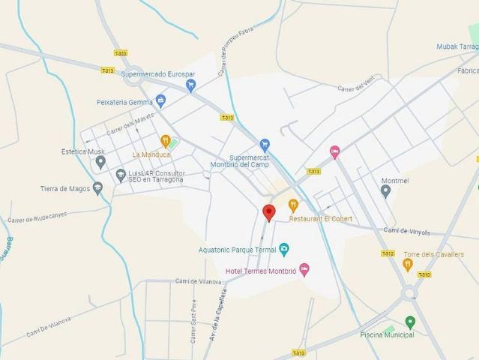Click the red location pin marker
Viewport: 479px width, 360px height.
(x=268, y=212)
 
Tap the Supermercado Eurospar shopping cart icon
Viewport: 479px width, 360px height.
(x=190, y=85)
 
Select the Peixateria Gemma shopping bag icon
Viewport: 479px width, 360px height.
(x=160, y=101)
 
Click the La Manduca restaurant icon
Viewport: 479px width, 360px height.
(x=166, y=140)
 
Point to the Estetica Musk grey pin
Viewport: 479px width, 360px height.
(x=100, y=162)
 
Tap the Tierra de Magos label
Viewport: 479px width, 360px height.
(x=65, y=189)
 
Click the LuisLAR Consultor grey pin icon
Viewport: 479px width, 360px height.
(x=121, y=175)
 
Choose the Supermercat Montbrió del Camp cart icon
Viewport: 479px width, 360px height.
(x=264, y=145)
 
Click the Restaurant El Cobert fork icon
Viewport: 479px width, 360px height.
(x=293, y=205)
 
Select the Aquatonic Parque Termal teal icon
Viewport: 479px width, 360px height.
(x=284, y=249)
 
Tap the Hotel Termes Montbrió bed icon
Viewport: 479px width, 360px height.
(x=304, y=268)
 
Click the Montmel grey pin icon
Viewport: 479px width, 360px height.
(x=385, y=191)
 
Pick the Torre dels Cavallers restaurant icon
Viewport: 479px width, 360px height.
(x=408, y=264)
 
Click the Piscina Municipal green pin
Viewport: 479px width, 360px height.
(x=410, y=322)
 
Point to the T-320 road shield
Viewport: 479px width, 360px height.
(x=120, y=53)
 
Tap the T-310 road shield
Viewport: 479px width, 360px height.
(x=424, y=275)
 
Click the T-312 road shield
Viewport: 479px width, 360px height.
(x=387, y=253)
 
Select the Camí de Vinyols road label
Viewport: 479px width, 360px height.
(x=407, y=232)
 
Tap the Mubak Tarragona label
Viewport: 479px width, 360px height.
(x=457, y=46)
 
